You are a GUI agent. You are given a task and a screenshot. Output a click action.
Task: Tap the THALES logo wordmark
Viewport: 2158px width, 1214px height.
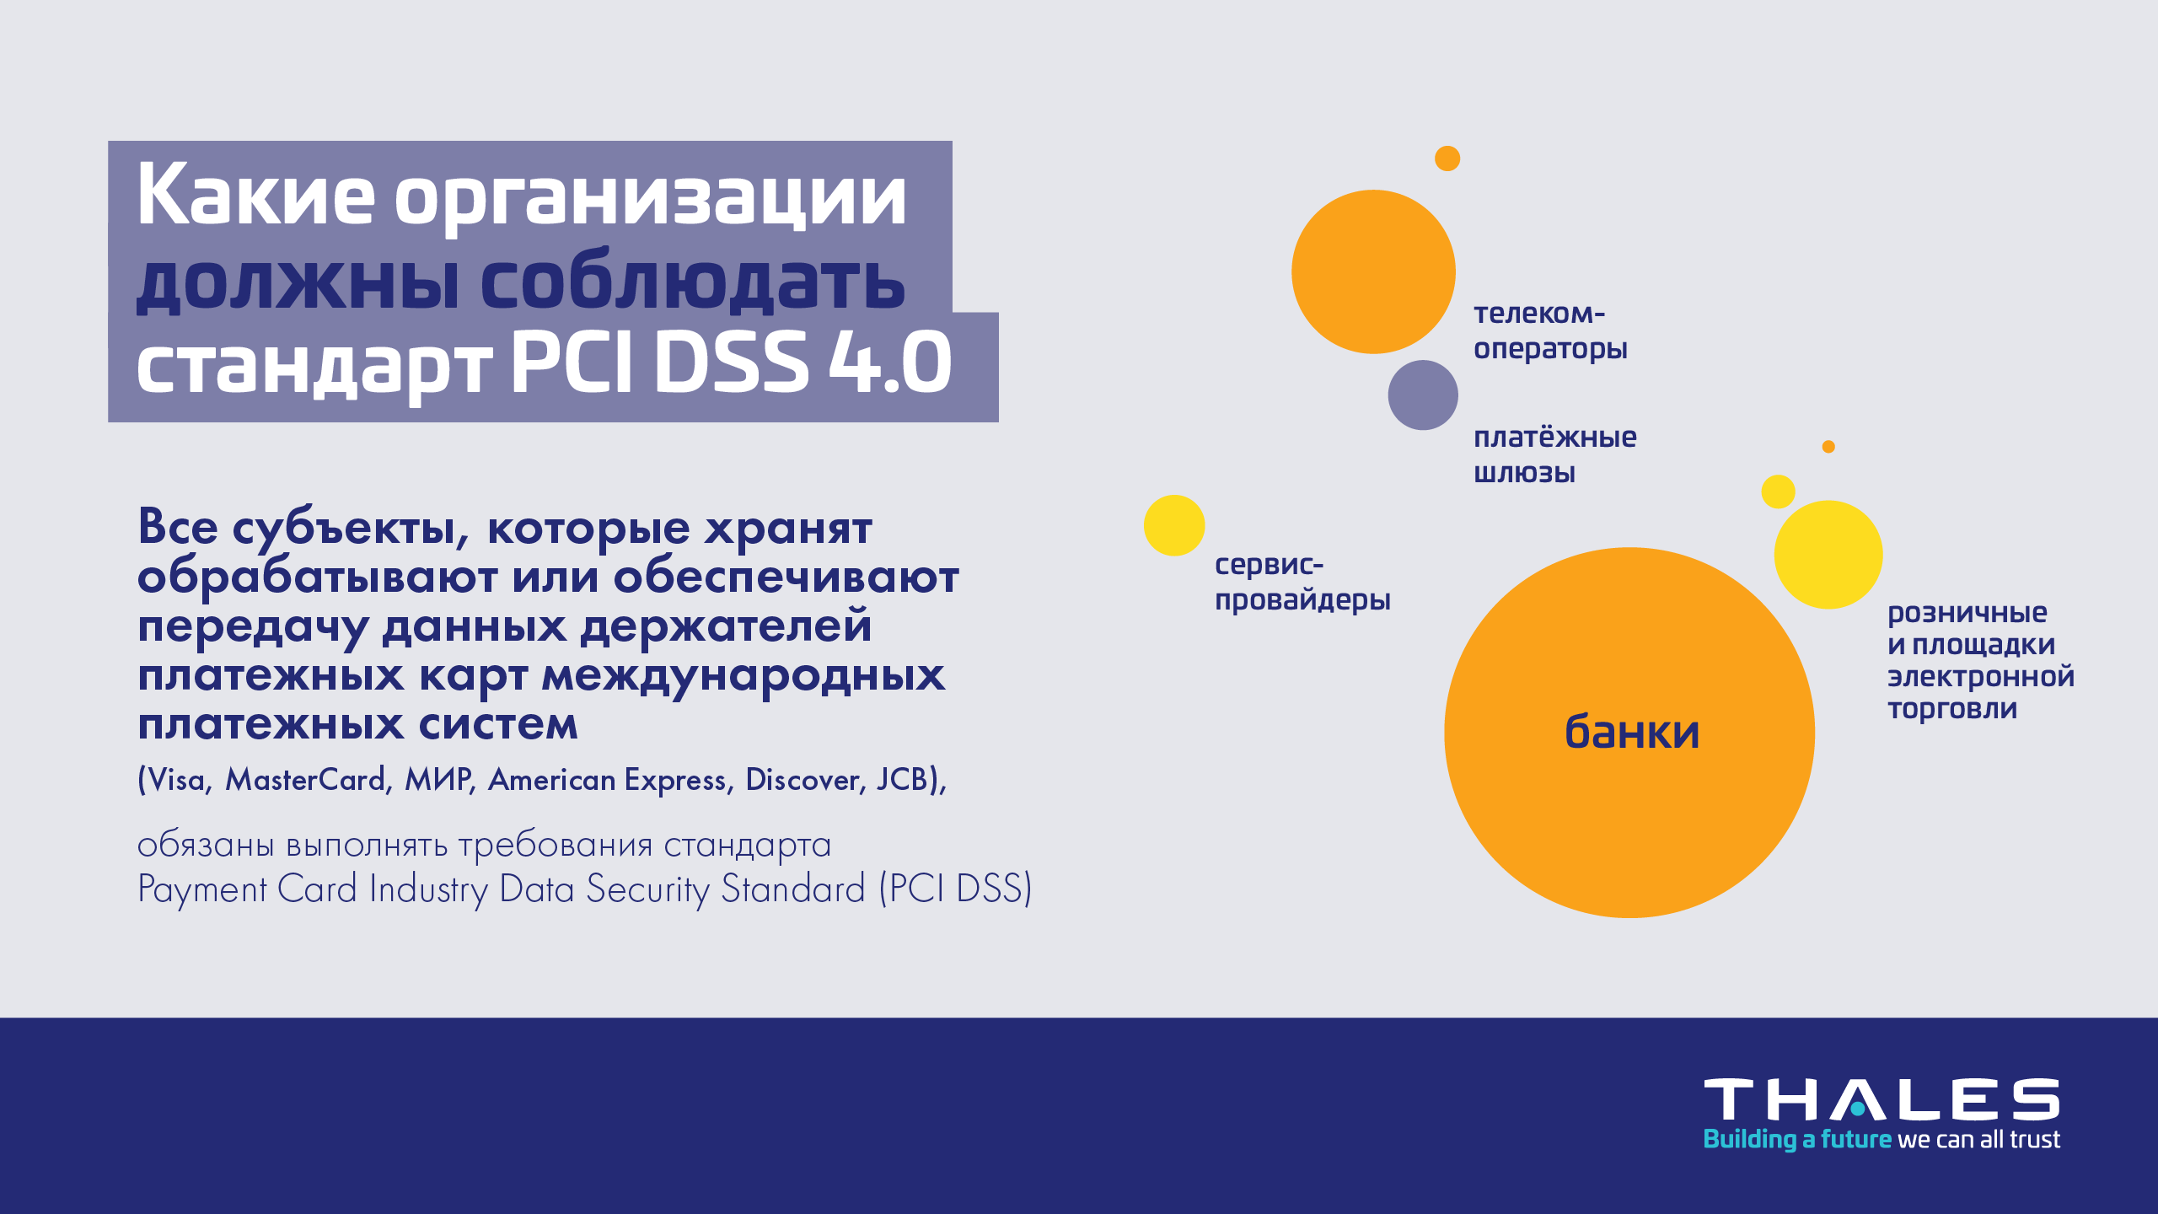[1882, 1099]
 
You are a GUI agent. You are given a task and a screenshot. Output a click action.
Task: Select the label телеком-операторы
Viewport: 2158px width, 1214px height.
[1550, 330]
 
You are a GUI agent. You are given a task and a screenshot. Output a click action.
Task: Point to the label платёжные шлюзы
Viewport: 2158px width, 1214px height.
[1554, 454]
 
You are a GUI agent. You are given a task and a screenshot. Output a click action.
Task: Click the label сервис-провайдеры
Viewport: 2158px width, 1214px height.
[1302, 582]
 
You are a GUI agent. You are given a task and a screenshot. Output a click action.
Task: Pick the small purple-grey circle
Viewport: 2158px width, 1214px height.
[1423, 395]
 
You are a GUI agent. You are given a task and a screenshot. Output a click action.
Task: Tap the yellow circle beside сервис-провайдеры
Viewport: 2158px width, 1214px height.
[1174, 525]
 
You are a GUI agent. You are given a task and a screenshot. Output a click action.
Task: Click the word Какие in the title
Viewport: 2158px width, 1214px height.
[255, 196]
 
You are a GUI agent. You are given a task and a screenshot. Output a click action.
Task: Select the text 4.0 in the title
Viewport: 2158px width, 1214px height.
[890, 363]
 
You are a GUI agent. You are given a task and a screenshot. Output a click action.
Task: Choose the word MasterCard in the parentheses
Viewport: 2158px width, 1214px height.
[305, 780]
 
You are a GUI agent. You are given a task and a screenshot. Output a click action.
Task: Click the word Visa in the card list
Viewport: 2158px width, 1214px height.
[176, 780]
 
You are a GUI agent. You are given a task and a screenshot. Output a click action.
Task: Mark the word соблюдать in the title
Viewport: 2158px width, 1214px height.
[692, 282]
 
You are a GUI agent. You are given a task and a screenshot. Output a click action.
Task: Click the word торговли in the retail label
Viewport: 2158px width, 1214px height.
[1952, 710]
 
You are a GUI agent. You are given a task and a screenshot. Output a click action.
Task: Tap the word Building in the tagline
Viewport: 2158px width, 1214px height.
[1750, 1140]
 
